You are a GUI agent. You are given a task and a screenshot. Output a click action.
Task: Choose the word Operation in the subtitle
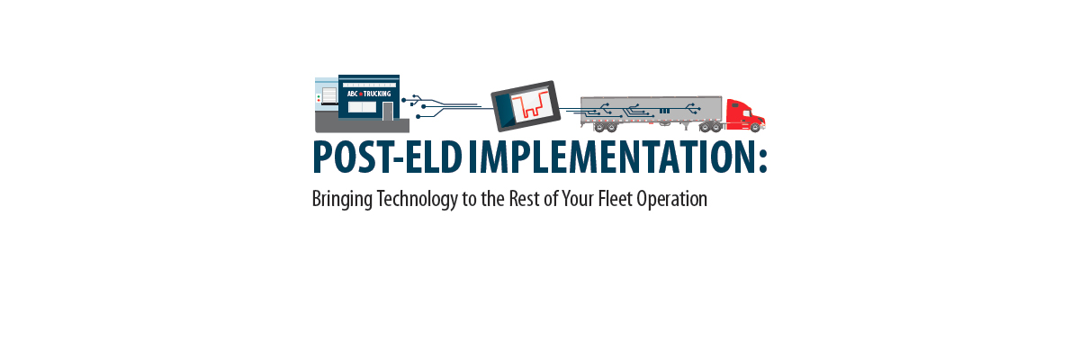(x=671, y=200)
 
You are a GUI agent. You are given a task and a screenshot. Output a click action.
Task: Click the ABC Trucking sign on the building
(x=368, y=93)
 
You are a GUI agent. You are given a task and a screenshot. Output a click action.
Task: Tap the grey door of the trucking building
(x=388, y=111)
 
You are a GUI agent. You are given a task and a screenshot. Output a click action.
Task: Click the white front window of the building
(x=362, y=107)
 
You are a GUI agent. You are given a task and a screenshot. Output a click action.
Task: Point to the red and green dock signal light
(x=318, y=98)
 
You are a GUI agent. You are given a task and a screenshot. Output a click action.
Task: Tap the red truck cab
(x=743, y=114)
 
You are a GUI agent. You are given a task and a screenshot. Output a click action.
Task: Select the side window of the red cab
(x=747, y=112)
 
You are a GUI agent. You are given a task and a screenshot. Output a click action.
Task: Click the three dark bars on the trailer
(x=664, y=111)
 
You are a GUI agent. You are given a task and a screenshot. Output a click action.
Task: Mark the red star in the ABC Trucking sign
(x=361, y=94)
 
